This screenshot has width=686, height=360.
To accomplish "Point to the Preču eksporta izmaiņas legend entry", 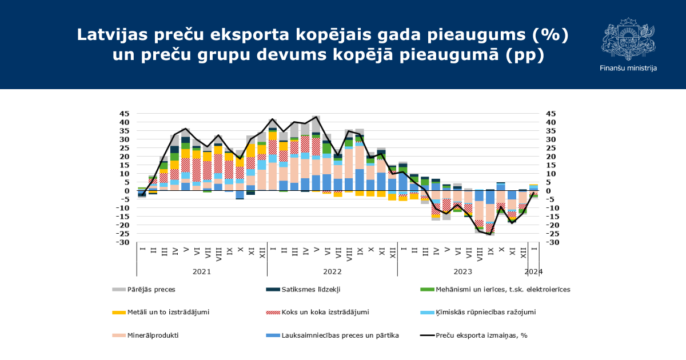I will [x=481, y=335].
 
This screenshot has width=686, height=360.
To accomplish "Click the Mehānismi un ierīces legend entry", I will [x=502, y=289].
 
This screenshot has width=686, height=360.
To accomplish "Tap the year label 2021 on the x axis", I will [x=202, y=271].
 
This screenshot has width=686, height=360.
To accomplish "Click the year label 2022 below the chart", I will [x=332, y=271].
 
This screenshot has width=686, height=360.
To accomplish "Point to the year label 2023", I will [x=462, y=271].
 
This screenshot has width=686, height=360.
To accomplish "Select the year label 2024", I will [x=533, y=271].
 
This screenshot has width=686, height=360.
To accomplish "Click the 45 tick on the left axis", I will [x=124, y=114].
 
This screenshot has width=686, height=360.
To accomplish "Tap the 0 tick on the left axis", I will [x=128, y=191].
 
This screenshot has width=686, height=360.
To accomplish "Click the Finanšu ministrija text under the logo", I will [x=628, y=68].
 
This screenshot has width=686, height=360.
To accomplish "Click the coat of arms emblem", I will [x=628, y=39].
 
